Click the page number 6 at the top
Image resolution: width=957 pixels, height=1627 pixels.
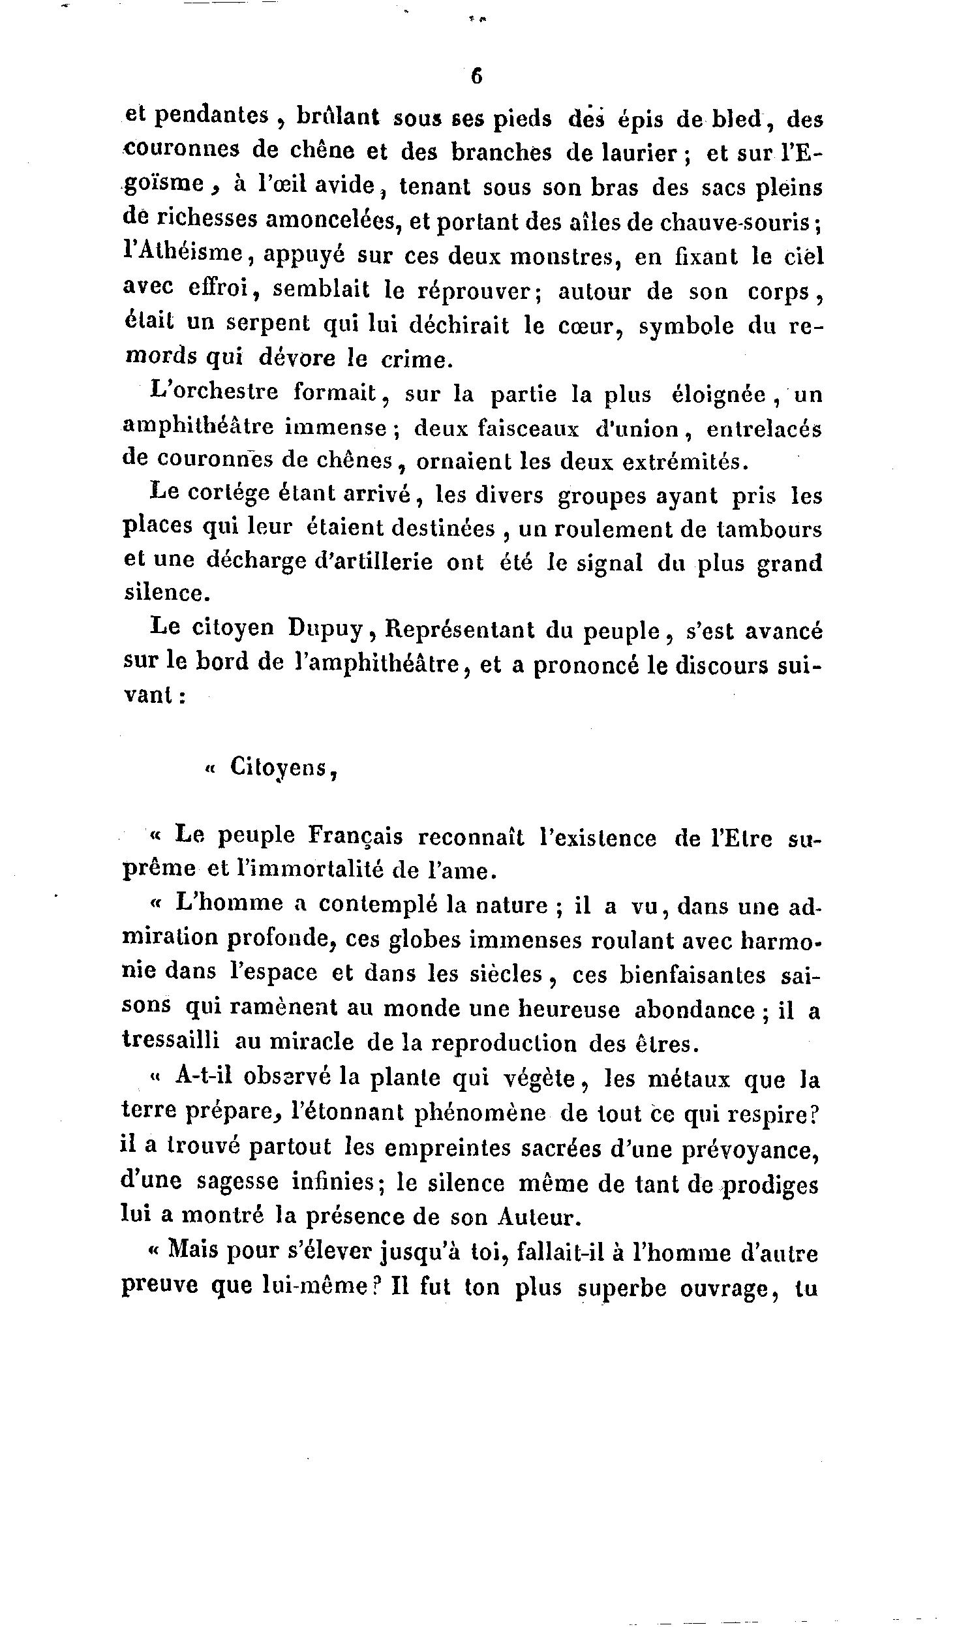[x=476, y=76]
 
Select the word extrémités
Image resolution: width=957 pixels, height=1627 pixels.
[x=684, y=462]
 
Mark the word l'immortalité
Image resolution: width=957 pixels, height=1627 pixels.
[x=299, y=870]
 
